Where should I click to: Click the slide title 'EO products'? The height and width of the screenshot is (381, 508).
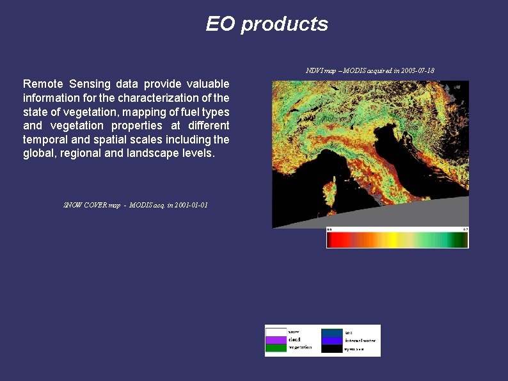coord(267,24)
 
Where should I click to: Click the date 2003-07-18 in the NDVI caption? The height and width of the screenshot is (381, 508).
coord(415,70)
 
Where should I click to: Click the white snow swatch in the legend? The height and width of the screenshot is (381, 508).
coord(276,332)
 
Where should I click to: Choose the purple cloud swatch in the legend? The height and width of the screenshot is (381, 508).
coord(276,339)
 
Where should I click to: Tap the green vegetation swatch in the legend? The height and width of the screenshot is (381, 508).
coord(276,348)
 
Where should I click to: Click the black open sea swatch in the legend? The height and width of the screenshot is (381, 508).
coord(331,349)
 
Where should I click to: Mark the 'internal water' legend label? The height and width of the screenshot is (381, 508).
coord(361,341)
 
